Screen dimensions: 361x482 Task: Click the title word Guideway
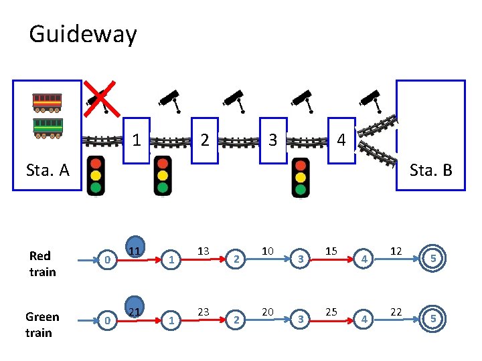tap(83, 34)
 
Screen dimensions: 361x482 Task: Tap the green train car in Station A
tap(48, 126)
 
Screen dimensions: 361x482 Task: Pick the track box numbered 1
tap(136, 140)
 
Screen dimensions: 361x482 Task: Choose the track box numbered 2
tap(205, 140)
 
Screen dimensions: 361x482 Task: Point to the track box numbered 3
tap(272, 140)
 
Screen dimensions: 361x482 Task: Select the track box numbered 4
tap(341, 140)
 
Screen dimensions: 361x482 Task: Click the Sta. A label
tap(47, 170)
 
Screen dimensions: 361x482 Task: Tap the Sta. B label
tap(430, 170)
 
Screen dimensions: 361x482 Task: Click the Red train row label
tap(42, 263)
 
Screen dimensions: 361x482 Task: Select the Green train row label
tap(42, 324)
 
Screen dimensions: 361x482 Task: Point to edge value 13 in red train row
tap(204, 251)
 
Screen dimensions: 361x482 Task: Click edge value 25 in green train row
tap(331, 312)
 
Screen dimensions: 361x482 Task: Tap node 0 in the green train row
tap(107, 320)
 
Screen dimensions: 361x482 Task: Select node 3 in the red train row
tap(301, 259)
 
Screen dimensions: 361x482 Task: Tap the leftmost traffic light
tap(96, 175)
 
